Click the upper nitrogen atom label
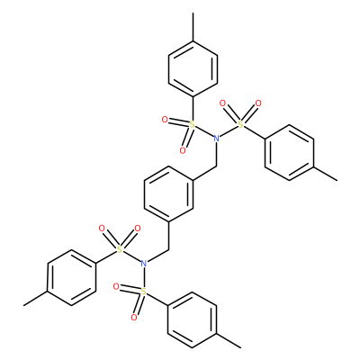216,139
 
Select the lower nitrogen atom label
144,264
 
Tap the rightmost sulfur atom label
240,125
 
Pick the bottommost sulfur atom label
144,292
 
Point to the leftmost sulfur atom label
120,249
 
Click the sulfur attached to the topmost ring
193,125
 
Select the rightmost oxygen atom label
258,103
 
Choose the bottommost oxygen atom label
134,318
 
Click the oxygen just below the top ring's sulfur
183,150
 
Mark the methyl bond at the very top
193,27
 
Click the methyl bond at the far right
326,174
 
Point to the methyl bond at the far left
36,299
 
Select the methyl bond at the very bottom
229,341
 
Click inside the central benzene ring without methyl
168,194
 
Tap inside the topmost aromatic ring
193,69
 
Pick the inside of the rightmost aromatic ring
290,153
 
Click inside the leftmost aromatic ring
72,277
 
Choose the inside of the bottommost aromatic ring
193,320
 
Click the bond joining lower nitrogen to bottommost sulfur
144,277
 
